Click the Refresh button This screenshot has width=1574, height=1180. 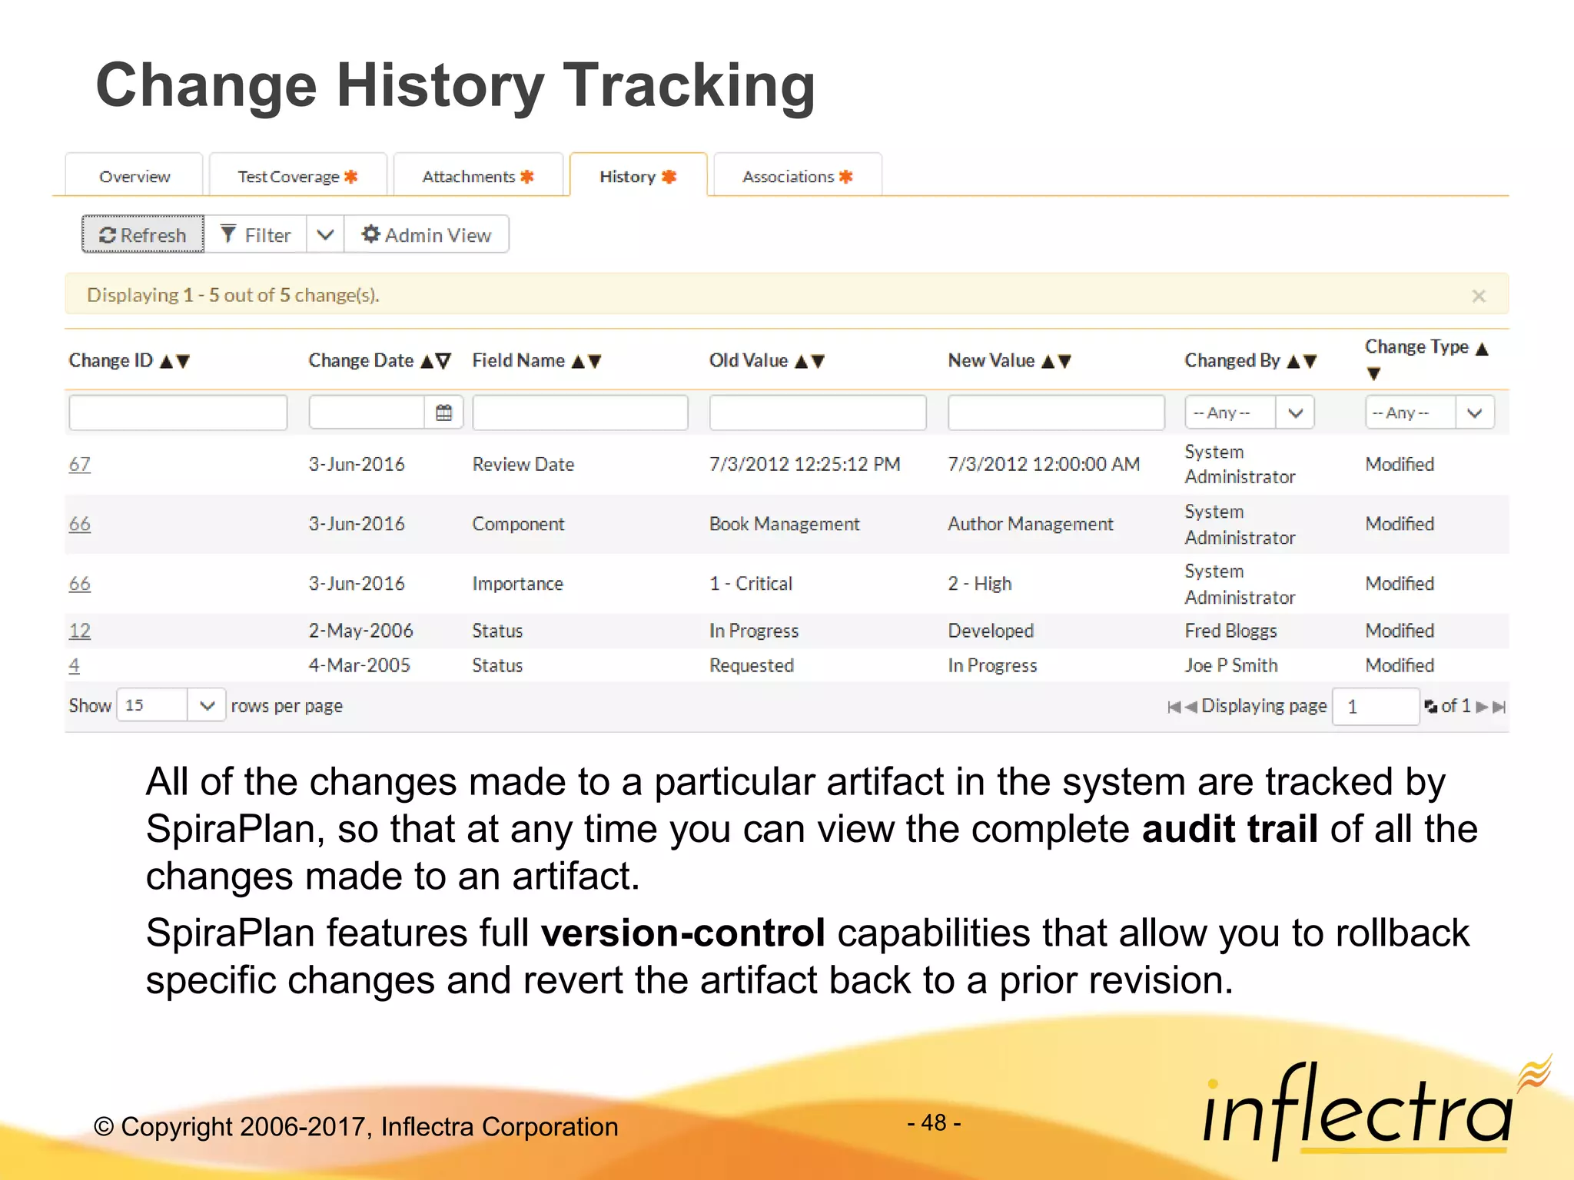(x=143, y=234)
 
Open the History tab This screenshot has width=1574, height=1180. (x=637, y=177)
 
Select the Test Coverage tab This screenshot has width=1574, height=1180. (x=297, y=177)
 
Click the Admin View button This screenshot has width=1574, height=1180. (x=427, y=234)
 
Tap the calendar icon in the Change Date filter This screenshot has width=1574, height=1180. (x=443, y=413)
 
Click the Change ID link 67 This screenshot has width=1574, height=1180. (x=79, y=464)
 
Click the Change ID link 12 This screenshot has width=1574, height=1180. (x=79, y=631)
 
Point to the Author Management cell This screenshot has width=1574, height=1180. (x=1030, y=524)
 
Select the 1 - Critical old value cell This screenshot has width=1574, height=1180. (x=750, y=584)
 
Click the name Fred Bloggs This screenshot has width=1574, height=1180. (x=1230, y=631)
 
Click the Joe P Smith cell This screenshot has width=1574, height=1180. (x=1230, y=665)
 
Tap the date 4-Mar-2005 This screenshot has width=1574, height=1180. (x=359, y=665)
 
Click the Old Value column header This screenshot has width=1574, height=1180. (x=749, y=360)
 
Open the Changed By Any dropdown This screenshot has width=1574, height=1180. (x=1249, y=413)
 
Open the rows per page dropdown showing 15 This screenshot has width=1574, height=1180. (x=171, y=705)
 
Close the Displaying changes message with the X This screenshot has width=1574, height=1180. (x=1478, y=296)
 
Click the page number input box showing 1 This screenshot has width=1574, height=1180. (x=1375, y=706)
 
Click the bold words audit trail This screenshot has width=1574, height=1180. (x=1229, y=830)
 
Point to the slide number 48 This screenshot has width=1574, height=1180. (x=934, y=1123)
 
